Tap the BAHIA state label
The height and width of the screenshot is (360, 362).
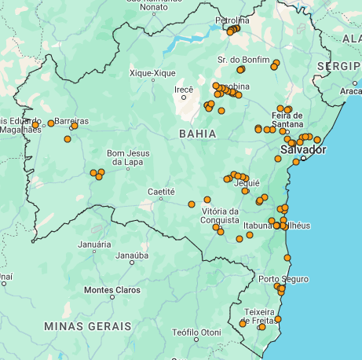pyautogui.click(x=197, y=134)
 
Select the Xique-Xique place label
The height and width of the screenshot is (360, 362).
pyautogui.click(x=152, y=73)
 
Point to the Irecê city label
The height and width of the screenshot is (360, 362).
pyautogui.click(x=183, y=90)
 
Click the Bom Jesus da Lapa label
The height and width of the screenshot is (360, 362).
pyautogui.click(x=126, y=158)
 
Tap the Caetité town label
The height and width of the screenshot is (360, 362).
pyautogui.click(x=161, y=192)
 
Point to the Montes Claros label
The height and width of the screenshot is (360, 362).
pyautogui.click(x=112, y=290)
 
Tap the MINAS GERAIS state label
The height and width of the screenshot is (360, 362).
pyautogui.click(x=88, y=325)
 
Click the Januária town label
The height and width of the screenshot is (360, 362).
pyautogui.click(x=94, y=244)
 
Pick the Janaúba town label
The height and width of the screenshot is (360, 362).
pyautogui.click(x=132, y=255)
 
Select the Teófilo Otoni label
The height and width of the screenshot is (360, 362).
pyautogui.click(x=197, y=332)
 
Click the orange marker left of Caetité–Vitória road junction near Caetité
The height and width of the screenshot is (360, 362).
pyautogui.click(x=192, y=204)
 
